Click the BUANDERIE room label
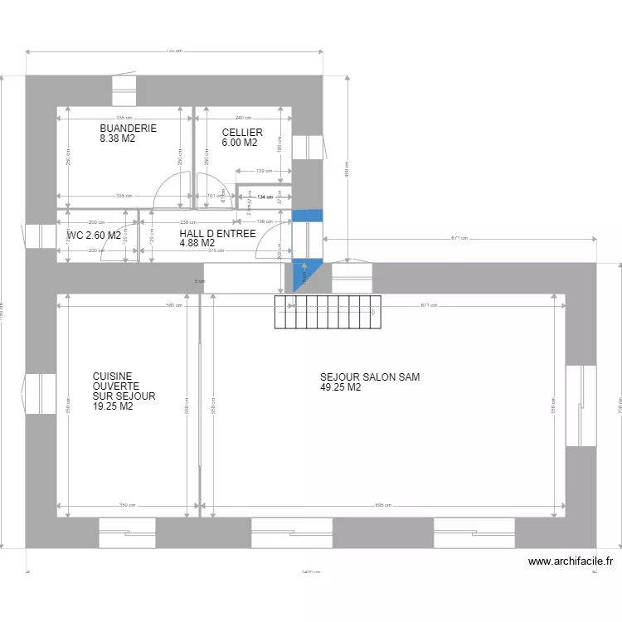point(128,129)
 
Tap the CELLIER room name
point(242,133)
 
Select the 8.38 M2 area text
point(117,139)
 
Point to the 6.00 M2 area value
point(240,143)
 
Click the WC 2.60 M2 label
point(93,236)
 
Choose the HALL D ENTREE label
point(217,234)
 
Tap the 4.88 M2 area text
point(197,243)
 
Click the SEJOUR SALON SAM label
point(370,377)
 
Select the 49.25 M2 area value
point(341,387)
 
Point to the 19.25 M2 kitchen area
point(114,407)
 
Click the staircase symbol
point(328,312)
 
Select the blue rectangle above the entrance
point(307,216)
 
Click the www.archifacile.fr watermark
point(571,561)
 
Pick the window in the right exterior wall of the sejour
point(581,406)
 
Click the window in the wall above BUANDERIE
point(124,86)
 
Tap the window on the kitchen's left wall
point(41,393)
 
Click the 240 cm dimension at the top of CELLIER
point(243,118)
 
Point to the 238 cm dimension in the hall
point(190,222)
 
